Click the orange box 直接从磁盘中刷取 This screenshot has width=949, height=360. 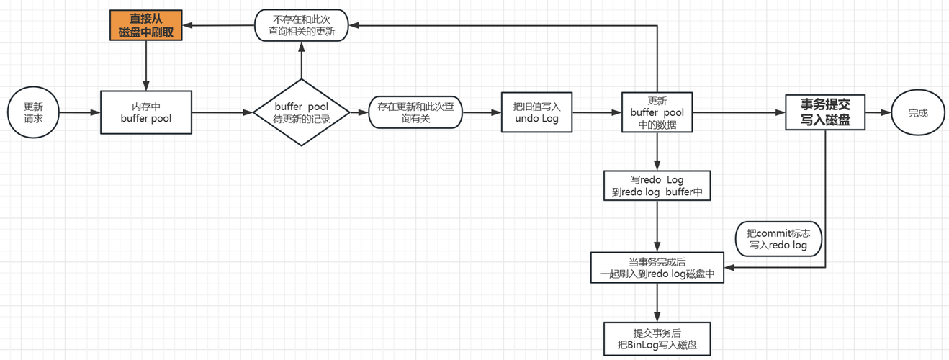pos(145,25)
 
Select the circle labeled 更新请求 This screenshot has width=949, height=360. pos(33,112)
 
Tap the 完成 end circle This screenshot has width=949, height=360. pos(918,112)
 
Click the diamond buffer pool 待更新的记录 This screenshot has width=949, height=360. pos(302,112)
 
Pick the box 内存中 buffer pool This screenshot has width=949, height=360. pos(146,112)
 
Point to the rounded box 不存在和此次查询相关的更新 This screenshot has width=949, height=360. pos(302,25)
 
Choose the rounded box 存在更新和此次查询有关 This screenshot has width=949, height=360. pos(415,112)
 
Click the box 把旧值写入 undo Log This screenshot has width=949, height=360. pos(536,112)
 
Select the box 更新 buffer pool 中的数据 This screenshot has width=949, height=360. pos(657,112)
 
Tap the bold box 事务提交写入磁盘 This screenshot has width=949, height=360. pos(825,112)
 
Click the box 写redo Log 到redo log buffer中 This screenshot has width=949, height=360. pos(657,186)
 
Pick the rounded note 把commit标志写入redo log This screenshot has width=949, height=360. pos(778,239)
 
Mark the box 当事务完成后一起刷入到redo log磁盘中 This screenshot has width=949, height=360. pos(657,268)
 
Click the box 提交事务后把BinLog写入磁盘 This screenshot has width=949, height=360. pos(657,339)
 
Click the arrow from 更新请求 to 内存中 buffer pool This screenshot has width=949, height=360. pos(80,112)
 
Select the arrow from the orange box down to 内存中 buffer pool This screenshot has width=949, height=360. pos(146,66)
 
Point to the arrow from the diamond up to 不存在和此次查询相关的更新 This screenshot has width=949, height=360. pos(302,60)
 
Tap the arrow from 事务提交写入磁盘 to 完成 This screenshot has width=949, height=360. pos(878,112)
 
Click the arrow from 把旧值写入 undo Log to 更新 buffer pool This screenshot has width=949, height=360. pos(597,112)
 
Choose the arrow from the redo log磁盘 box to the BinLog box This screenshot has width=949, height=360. pos(657,302)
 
